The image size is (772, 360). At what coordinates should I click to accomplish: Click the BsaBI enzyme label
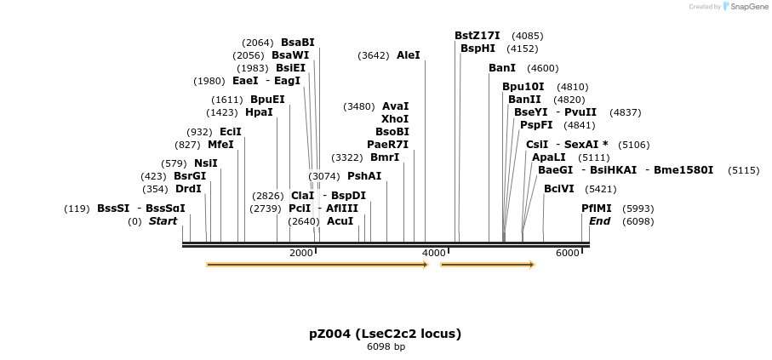pos(297,43)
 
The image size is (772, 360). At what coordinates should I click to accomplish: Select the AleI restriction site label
pos(409,55)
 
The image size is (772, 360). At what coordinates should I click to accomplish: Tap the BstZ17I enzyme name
pos(477,36)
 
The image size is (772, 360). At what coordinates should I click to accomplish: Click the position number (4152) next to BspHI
pos(522,49)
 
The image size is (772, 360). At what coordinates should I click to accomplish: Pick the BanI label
pos(502,68)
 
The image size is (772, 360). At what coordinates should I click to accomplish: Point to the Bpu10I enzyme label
pos(523,87)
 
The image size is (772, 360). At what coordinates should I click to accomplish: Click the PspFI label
pos(536,125)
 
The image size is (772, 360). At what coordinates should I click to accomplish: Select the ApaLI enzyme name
pos(548,157)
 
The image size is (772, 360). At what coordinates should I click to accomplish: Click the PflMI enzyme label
pos(597,209)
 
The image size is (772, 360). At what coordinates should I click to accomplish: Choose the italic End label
pos(599,221)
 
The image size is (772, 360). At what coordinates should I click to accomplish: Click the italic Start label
pos(163,221)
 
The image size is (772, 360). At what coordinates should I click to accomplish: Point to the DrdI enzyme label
pos(188,189)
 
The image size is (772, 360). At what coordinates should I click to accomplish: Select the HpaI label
pos(259,112)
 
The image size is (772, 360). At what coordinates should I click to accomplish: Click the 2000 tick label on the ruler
pos(301,253)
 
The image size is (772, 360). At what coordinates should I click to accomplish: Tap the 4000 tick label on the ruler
pos(434,253)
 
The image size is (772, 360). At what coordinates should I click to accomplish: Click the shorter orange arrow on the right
pos(487,265)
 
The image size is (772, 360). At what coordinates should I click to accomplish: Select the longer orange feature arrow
pos(317,265)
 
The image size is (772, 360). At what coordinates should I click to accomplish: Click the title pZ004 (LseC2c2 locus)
pos(385,333)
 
